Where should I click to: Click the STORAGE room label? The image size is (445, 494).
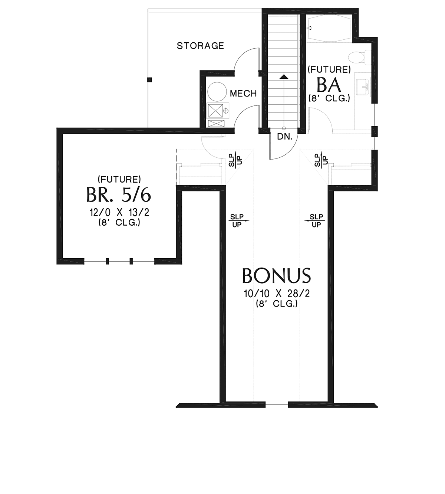(200, 46)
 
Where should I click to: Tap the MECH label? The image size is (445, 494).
(243, 93)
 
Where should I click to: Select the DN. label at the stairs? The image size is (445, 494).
(284, 137)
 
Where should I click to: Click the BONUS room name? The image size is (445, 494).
(276, 275)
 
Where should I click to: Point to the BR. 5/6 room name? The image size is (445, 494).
(119, 194)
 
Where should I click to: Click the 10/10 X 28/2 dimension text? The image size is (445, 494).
(277, 294)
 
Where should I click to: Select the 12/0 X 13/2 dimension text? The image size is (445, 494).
(119, 212)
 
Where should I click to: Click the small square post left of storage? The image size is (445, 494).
(149, 80)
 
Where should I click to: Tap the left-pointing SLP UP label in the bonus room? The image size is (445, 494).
(315, 221)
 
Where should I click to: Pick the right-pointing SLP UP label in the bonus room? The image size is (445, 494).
(239, 221)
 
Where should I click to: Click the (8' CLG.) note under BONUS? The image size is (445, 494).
(277, 304)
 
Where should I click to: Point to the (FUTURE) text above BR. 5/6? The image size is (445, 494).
(119, 179)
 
